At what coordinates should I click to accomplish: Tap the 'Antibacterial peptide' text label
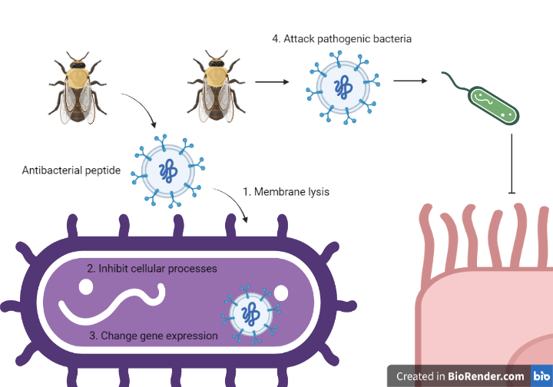coord(71,170)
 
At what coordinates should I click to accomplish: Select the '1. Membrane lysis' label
coord(286,191)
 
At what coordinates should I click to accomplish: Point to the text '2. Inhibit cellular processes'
coord(151,269)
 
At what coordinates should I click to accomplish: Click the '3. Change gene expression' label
coord(154,336)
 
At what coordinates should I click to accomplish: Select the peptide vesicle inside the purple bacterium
coord(250,313)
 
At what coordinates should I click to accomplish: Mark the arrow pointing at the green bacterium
coord(410,80)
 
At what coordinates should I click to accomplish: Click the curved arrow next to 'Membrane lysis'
coord(233,204)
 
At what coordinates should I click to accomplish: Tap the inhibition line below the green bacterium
coord(512,164)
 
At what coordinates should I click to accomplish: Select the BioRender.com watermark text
coord(460,376)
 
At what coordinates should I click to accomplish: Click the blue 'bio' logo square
coord(541,376)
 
